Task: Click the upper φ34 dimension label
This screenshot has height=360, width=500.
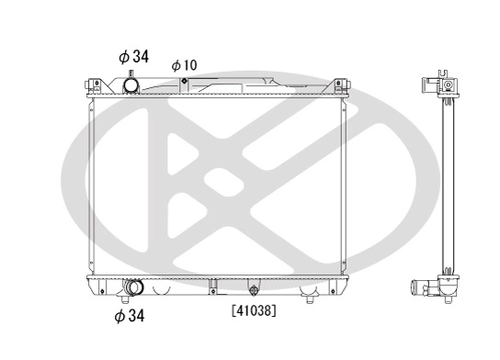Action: (x=133, y=56)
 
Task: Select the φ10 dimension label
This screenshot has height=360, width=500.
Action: (x=184, y=65)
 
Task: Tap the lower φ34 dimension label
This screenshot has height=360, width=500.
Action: (x=130, y=317)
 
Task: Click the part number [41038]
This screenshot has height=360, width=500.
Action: (x=254, y=310)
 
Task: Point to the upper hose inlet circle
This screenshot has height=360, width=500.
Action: (x=132, y=86)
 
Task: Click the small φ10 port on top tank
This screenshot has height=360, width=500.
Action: (x=185, y=82)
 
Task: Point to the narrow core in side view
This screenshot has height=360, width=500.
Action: (x=449, y=184)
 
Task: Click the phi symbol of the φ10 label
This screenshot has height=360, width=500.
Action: (x=176, y=65)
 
